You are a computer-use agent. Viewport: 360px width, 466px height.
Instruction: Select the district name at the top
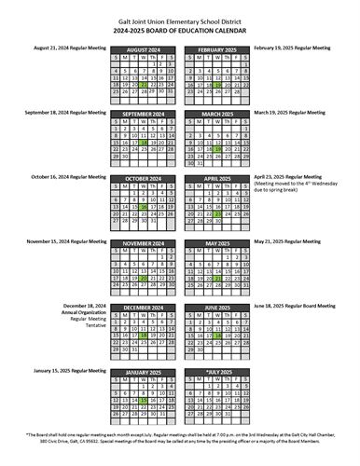click(179, 23)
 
